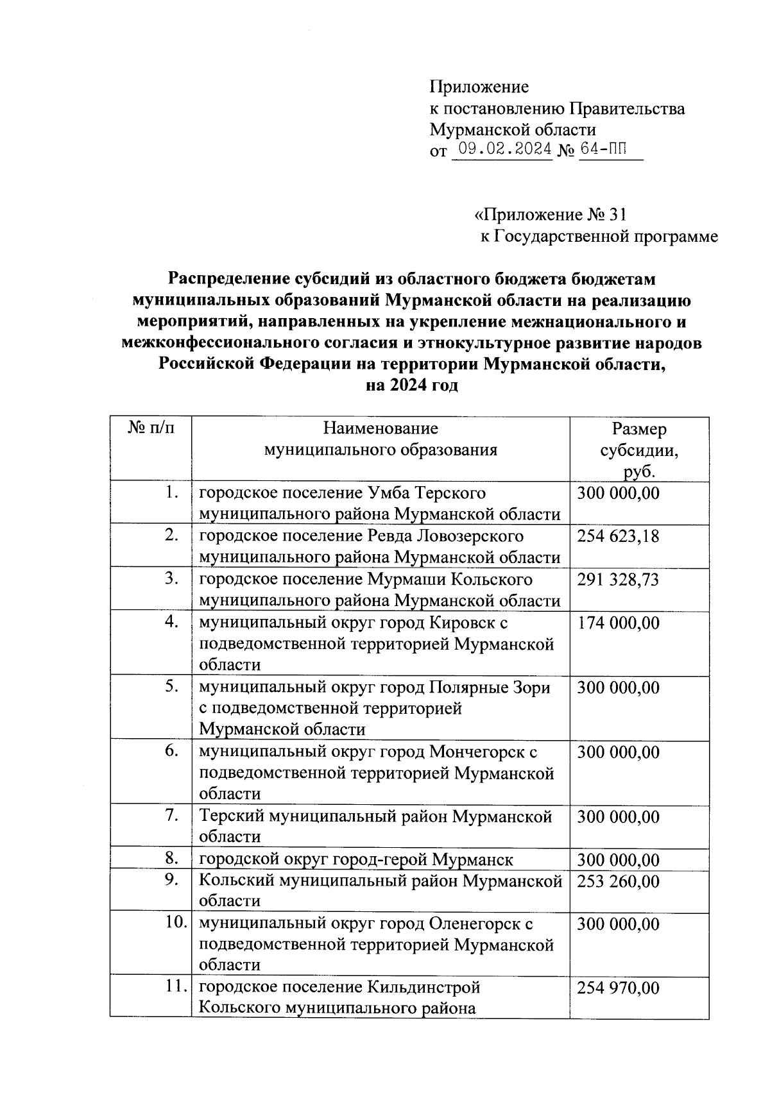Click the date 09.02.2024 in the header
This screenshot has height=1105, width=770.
[502, 150]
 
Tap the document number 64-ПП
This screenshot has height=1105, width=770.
[603, 150]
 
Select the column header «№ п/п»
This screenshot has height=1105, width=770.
[151, 428]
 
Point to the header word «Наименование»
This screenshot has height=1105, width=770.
[381, 428]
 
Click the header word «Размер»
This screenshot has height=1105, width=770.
[639, 428]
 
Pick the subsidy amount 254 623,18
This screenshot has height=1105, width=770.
[618, 536]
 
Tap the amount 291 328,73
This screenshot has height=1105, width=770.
[618, 580]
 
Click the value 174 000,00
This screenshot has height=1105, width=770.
[618, 623]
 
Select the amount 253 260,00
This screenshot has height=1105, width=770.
[618, 881]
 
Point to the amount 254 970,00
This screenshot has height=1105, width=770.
[618, 988]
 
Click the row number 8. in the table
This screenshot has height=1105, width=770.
[170, 858]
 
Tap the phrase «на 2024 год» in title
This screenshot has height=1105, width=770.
[411, 386]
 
